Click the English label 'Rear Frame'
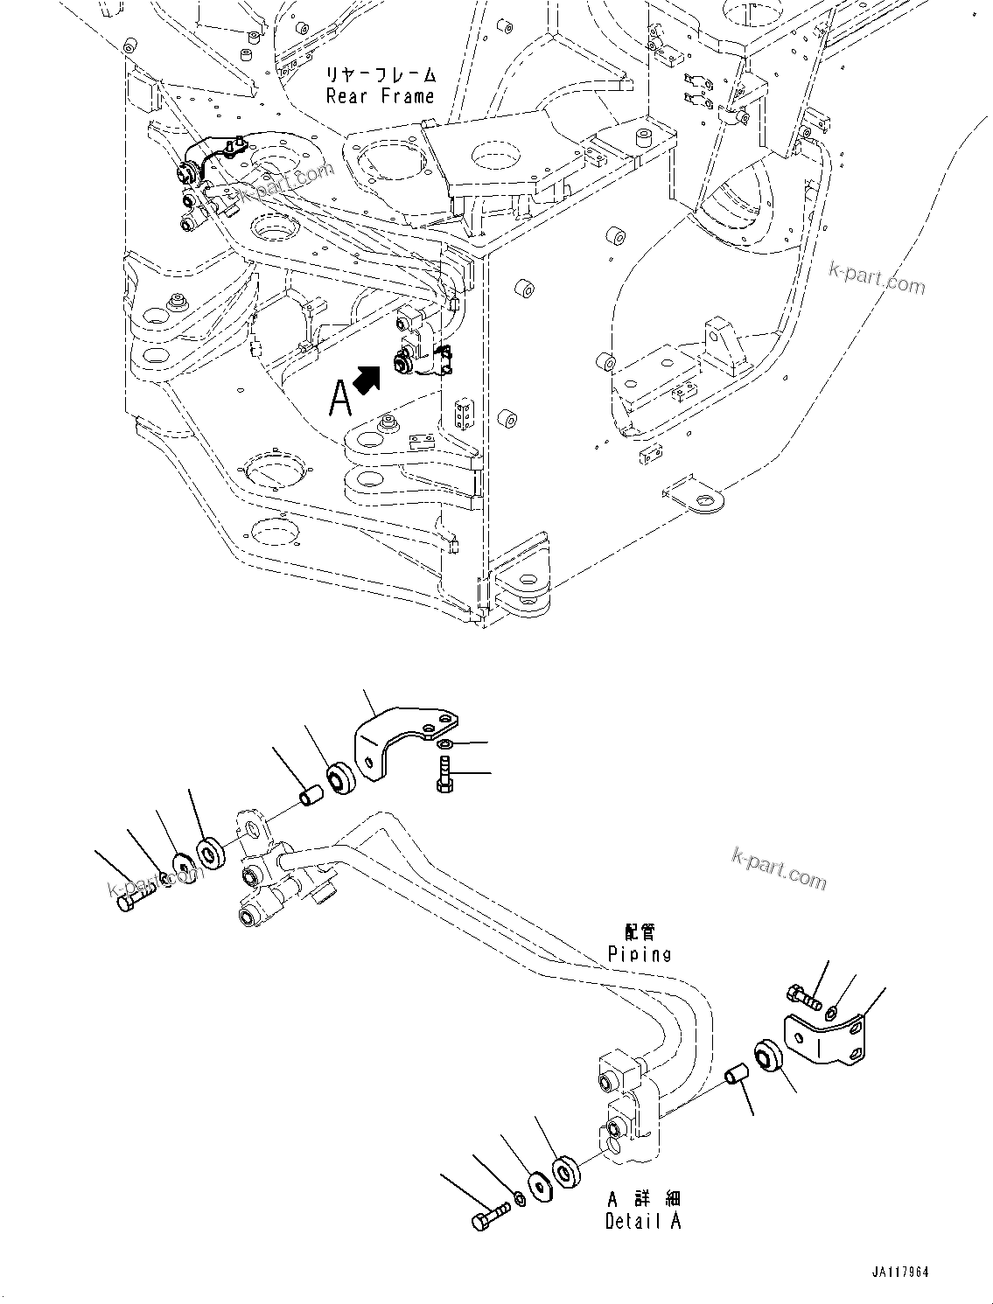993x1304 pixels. [380, 95]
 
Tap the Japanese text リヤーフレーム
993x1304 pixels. [380, 74]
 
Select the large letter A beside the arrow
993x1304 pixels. [340, 399]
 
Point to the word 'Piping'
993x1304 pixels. [640, 953]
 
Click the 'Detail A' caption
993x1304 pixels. [642, 1221]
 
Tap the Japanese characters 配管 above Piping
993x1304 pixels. [640, 933]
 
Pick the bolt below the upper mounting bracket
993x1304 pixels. [443, 775]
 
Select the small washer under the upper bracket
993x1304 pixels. [444, 743]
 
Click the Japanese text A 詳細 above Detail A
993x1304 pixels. [642, 1198]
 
